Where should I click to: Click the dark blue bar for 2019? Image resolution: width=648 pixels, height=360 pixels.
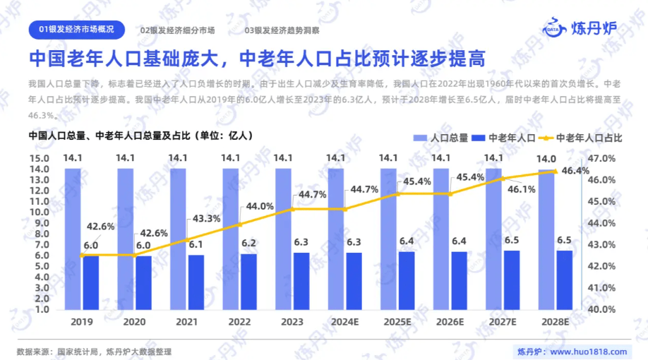click(x=91, y=282)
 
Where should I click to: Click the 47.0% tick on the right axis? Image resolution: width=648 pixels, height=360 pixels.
click(x=600, y=159)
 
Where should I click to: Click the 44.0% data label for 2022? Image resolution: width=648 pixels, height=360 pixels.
click(x=259, y=206)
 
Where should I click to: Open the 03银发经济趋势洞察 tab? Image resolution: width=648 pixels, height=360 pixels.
click(x=282, y=30)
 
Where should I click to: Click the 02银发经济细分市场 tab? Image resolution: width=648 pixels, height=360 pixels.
click(x=178, y=30)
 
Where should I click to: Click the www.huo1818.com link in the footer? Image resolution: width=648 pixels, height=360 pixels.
click(x=588, y=352)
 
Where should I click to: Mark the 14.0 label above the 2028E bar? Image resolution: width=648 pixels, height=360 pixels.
click(x=547, y=159)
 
